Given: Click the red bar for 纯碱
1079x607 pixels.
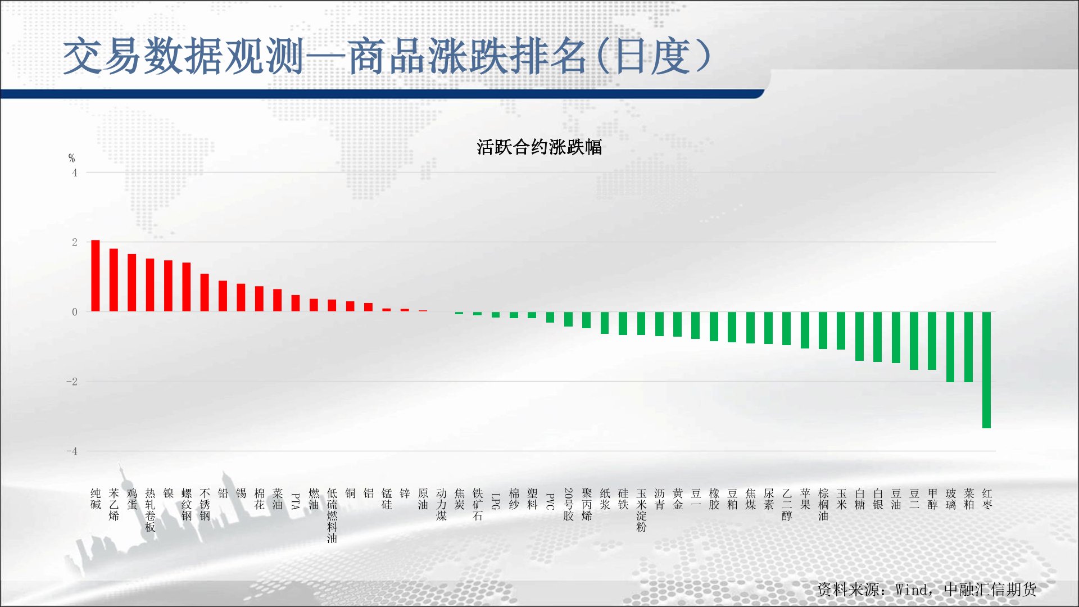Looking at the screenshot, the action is point(96,276).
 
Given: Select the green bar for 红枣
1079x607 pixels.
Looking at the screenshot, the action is point(986,370).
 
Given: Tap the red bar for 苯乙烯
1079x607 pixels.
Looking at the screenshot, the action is point(114,280).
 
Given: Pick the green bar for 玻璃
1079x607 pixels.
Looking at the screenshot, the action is point(950,347).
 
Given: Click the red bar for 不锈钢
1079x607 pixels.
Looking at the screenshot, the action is point(205,293).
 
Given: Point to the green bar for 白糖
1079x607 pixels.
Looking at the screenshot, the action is point(859,336).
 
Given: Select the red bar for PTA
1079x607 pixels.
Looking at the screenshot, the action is point(296,303).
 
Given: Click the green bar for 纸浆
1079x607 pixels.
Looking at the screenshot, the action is point(605,323).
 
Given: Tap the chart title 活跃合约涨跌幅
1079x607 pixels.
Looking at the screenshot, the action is point(539,147).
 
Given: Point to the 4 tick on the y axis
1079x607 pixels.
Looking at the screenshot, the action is point(75,173).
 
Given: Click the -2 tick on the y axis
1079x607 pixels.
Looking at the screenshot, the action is point(72,382).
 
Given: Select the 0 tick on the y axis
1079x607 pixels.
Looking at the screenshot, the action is point(75,312).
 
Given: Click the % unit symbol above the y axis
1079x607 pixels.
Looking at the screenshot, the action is point(71,158).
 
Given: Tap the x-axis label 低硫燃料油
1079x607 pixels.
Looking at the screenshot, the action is point(332,515).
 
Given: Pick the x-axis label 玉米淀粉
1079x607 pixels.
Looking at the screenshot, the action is point(641,510).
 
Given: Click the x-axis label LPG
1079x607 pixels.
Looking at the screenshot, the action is point(496,501).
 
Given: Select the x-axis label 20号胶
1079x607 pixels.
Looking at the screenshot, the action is point(568,504).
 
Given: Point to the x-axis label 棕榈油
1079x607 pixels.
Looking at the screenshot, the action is point(823,504).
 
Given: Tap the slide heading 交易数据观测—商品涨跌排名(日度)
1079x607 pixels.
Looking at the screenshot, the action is point(387,57).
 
